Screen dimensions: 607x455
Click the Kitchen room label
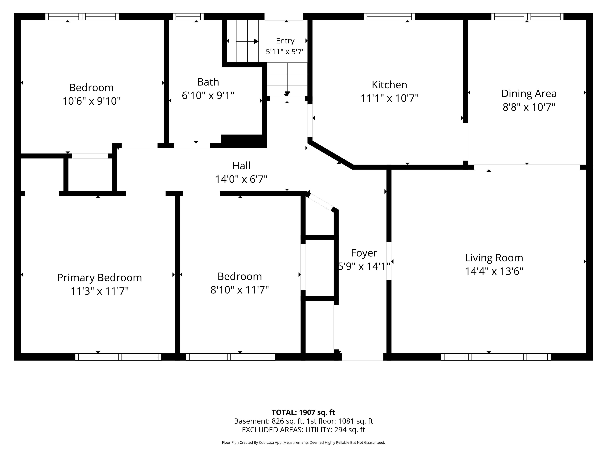point(389,85)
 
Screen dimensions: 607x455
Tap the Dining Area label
point(529,94)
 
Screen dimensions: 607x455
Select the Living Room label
point(494,258)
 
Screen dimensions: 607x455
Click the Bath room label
point(208,82)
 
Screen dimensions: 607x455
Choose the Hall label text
point(241,166)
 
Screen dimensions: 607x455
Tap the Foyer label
point(364,253)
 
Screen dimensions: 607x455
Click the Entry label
point(285,41)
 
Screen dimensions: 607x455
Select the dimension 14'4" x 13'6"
point(494,271)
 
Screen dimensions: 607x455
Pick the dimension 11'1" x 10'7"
point(389,98)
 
